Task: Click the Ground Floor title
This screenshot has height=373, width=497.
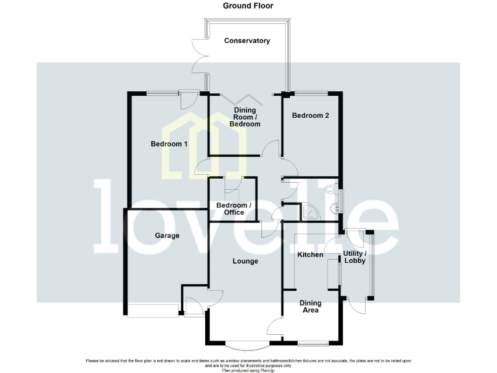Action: pos(248,6)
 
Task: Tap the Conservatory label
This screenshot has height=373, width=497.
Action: pos(247,41)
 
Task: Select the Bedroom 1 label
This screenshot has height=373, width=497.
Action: pos(169,144)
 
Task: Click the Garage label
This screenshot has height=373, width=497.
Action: pos(166,236)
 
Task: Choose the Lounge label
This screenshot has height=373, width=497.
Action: pos(245,262)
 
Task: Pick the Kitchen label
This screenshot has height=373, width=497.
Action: pos(310,254)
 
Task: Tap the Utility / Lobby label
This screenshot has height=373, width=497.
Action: pos(355,257)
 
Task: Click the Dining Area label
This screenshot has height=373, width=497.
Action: pos(311,306)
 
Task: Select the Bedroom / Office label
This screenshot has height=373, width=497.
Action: pos(234,209)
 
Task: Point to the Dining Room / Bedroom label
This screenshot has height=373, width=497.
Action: pos(247,117)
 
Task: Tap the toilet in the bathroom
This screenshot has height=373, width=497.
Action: pos(331,188)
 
